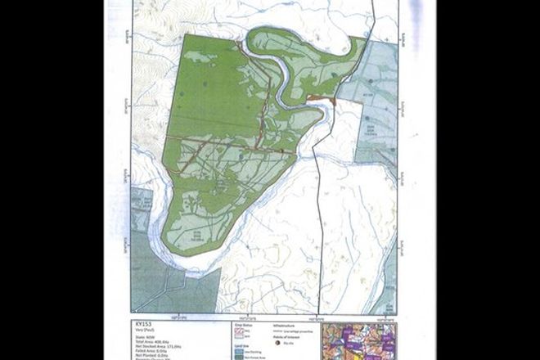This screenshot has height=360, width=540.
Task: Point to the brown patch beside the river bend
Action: (322, 99)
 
